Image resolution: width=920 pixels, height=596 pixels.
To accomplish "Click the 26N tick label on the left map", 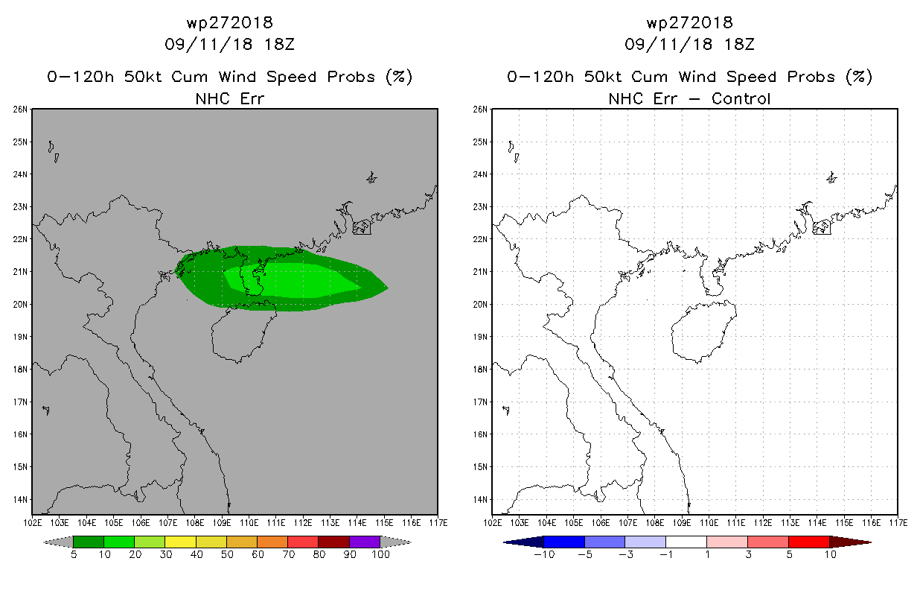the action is [19, 110].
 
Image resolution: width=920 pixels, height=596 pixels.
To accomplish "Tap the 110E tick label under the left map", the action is [249, 523].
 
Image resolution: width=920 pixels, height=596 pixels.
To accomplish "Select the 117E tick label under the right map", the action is [898, 523].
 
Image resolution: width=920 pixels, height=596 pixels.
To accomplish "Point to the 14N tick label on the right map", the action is [479, 500].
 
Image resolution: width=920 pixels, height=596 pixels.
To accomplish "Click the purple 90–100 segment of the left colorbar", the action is [365, 542].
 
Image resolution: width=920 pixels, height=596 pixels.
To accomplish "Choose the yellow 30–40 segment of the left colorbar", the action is [181, 542].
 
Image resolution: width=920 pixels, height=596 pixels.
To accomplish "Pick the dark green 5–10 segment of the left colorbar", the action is [89, 542].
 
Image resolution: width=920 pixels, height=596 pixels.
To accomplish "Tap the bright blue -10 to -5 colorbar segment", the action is [564, 542].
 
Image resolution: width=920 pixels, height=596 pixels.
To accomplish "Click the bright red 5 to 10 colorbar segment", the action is [809, 542].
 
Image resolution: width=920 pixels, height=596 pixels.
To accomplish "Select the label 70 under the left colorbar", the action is [288, 554].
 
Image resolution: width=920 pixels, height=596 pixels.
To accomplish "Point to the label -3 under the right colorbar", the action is [625, 554].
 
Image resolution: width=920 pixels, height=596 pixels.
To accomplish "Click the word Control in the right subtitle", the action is [741, 98].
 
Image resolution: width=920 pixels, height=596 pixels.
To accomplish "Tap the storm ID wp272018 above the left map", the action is [230, 22].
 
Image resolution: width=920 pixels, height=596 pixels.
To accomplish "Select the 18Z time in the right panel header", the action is [740, 44].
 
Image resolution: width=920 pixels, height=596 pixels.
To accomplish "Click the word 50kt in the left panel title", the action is [143, 77].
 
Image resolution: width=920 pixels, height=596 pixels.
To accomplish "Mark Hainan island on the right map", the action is [704, 332].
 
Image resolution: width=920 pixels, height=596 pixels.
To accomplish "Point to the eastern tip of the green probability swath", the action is [388, 288].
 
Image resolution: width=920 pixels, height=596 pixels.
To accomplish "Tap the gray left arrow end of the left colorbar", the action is [58, 542].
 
